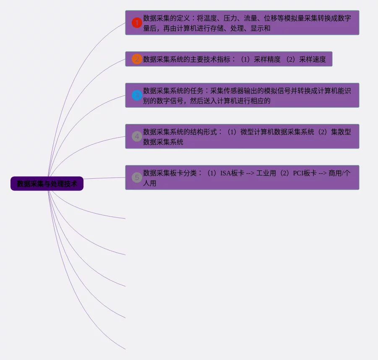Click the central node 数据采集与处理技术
pyautogui.click(x=47, y=184)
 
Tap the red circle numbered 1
pyautogui.click(x=137, y=23)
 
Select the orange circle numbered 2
pyautogui.click(x=137, y=59)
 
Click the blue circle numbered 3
pyautogui.click(x=137, y=95)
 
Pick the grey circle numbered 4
pyautogui.click(x=137, y=136)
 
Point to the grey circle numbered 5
pyautogui.click(x=137, y=177)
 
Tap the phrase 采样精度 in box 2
pyautogui.click(x=267, y=60)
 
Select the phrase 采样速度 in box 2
pyautogui.click(x=313, y=60)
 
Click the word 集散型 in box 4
pyautogui.click(x=341, y=132)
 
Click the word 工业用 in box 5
pyautogui.click(x=266, y=173)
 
